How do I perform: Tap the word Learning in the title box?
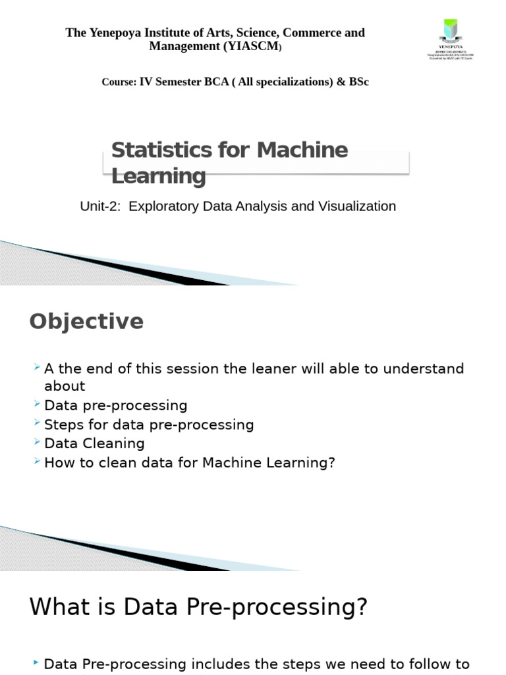pyautogui.click(x=158, y=176)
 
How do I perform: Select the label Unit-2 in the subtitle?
pyautogui.click(x=101, y=206)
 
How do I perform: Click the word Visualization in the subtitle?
pyautogui.click(x=357, y=206)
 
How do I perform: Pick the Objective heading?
pyautogui.click(x=86, y=322)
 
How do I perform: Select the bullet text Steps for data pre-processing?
pyautogui.click(x=149, y=425)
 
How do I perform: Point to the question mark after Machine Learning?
pyautogui.click(x=331, y=463)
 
